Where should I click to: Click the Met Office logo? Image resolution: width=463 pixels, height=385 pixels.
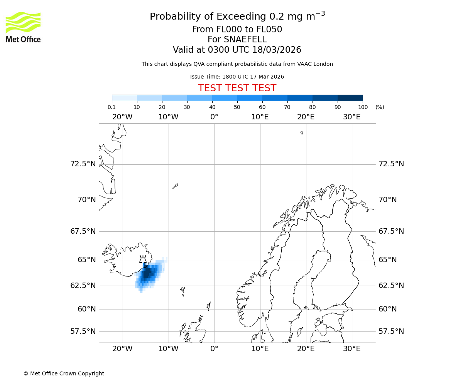[23, 27]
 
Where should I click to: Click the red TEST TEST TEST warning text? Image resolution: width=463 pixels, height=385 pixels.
[237, 88]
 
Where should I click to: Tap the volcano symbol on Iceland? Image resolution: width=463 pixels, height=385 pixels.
[143, 259]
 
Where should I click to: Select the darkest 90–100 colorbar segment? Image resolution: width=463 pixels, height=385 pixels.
[350, 98]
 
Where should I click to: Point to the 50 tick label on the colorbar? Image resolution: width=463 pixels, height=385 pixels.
[237, 107]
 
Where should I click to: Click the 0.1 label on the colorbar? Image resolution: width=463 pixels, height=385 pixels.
[112, 107]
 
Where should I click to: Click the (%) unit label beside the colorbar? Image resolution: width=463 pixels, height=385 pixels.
[380, 107]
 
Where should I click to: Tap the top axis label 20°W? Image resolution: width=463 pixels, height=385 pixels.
[122, 117]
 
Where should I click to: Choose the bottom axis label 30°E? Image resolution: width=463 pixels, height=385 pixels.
[351, 349]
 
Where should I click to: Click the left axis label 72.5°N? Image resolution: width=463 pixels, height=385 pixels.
[83, 164]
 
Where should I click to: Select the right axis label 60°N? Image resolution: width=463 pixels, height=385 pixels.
[388, 309]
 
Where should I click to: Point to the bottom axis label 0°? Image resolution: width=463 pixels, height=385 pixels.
[214, 349]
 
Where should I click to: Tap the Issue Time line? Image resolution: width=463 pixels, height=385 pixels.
[237, 77]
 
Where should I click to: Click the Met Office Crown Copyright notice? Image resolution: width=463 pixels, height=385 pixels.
[64, 373]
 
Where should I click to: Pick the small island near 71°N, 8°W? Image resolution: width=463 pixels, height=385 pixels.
[175, 186]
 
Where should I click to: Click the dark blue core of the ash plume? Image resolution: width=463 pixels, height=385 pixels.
[147, 273]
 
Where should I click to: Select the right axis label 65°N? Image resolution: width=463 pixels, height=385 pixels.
[388, 259]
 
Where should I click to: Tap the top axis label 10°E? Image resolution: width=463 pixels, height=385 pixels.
[260, 117]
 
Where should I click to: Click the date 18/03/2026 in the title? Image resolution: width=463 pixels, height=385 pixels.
[277, 50]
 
